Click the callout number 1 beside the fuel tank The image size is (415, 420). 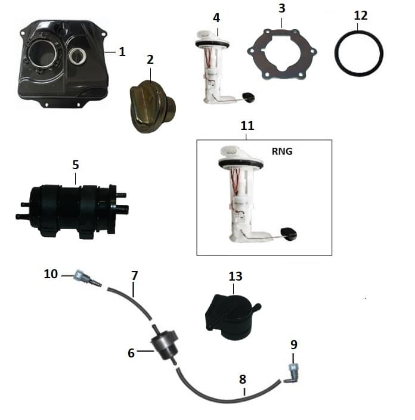[x=122, y=52]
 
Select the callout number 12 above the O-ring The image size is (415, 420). [x=361, y=15]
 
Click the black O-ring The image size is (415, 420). [x=359, y=53]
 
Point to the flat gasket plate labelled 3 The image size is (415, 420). [x=281, y=54]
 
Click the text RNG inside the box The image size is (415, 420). [x=282, y=151]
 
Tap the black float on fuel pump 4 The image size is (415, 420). [x=248, y=97]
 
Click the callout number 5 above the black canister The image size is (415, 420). [x=76, y=165]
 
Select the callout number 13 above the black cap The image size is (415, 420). [x=236, y=276]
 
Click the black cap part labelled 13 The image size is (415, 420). [x=232, y=318]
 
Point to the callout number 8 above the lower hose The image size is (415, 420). [x=242, y=379]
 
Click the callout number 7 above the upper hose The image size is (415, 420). [x=135, y=276]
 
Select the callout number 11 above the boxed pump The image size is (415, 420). [x=247, y=125]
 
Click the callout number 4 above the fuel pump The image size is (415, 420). [x=216, y=18]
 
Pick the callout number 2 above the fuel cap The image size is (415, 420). [x=150, y=60]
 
